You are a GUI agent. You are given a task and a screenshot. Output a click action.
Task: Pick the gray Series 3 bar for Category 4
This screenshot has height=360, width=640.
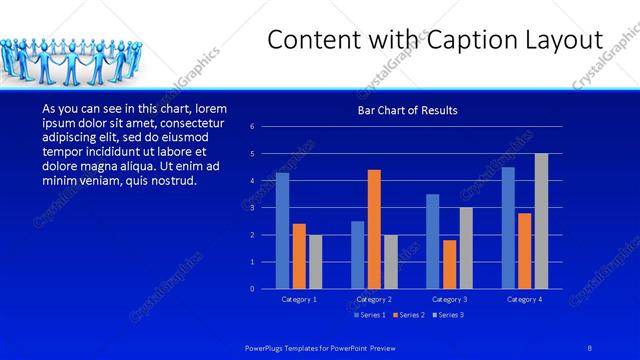click(541, 221)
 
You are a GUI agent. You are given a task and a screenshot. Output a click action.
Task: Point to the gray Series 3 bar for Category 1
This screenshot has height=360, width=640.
click(315, 261)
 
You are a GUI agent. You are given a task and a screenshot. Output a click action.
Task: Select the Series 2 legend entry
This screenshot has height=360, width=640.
click(408, 315)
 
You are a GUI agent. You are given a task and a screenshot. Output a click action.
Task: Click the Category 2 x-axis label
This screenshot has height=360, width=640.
click(374, 299)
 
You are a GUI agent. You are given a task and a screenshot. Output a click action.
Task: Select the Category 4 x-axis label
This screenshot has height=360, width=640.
click(525, 299)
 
